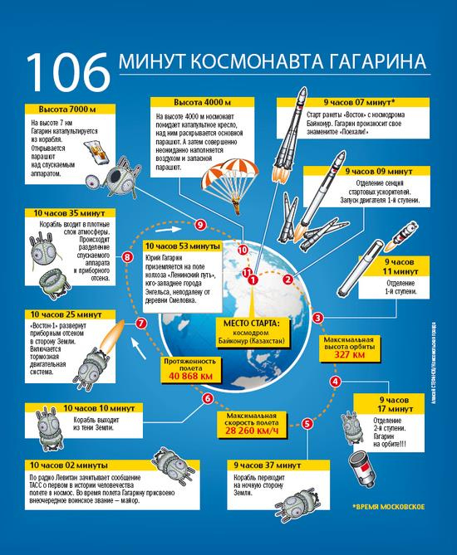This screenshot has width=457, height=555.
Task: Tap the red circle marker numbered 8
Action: (x=127, y=258)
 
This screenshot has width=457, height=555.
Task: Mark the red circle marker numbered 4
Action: (x=335, y=381)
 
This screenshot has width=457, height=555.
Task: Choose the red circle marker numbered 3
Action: (x=317, y=317)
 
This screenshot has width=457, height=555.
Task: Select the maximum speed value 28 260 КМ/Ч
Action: (x=257, y=431)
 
